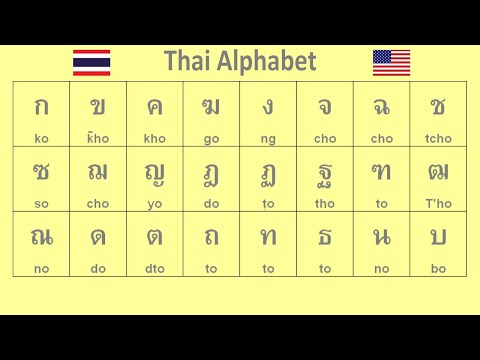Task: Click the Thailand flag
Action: pos(92,62)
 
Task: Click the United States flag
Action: pos(391,62)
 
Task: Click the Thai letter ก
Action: pos(41,107)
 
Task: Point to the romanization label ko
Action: pos(41,138)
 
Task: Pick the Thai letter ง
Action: pos(268,107)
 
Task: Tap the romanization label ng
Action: pos(268,138)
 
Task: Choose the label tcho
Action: pos(438,138)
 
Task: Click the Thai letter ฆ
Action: pos(211,107)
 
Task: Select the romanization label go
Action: pos(211,138)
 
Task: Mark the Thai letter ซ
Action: pos(41,172)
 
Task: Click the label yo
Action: pos(154,203)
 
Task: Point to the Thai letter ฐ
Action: pos(325,173)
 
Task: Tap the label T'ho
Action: pos(438,203)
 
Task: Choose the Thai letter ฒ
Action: pos(438,172)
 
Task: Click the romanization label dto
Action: pos(154,268)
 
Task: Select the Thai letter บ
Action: pos(438,238)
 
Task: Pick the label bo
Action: pos(438,268)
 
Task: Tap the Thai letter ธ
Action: pos(325,238)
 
